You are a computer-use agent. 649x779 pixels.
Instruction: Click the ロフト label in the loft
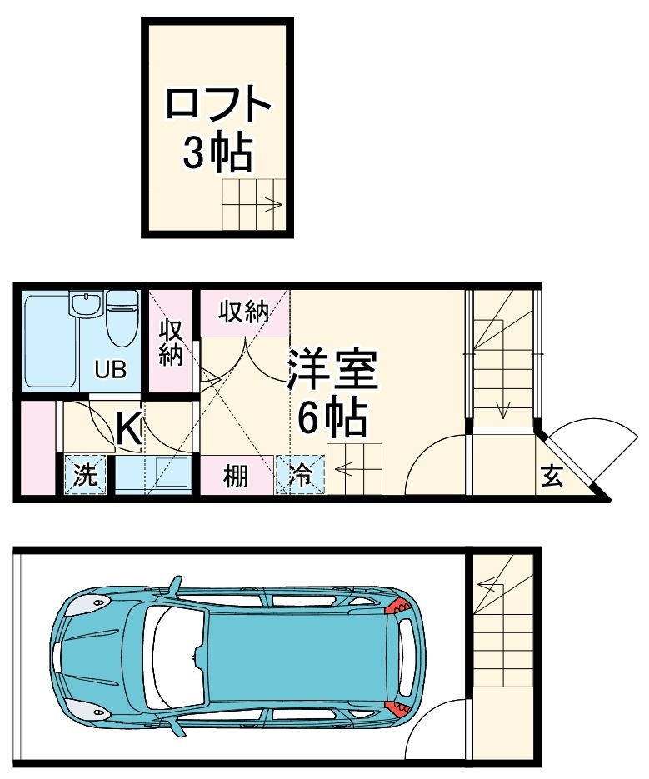coord(219,105)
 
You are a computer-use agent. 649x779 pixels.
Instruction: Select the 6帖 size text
coord(332,419)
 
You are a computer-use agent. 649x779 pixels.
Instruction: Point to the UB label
coord(110,369)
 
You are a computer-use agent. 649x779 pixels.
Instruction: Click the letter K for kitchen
coord(127,429)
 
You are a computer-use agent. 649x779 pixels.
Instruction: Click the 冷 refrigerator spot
coord(300,476)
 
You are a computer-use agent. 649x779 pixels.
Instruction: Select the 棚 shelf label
coord(236,477)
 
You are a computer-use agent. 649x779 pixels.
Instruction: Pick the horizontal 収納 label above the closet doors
coord(243,312)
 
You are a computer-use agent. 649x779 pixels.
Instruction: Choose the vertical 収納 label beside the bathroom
coord(171,342)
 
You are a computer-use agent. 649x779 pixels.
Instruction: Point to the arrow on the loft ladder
coord(272,202)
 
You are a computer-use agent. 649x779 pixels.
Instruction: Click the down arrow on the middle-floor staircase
coord(503,408)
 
